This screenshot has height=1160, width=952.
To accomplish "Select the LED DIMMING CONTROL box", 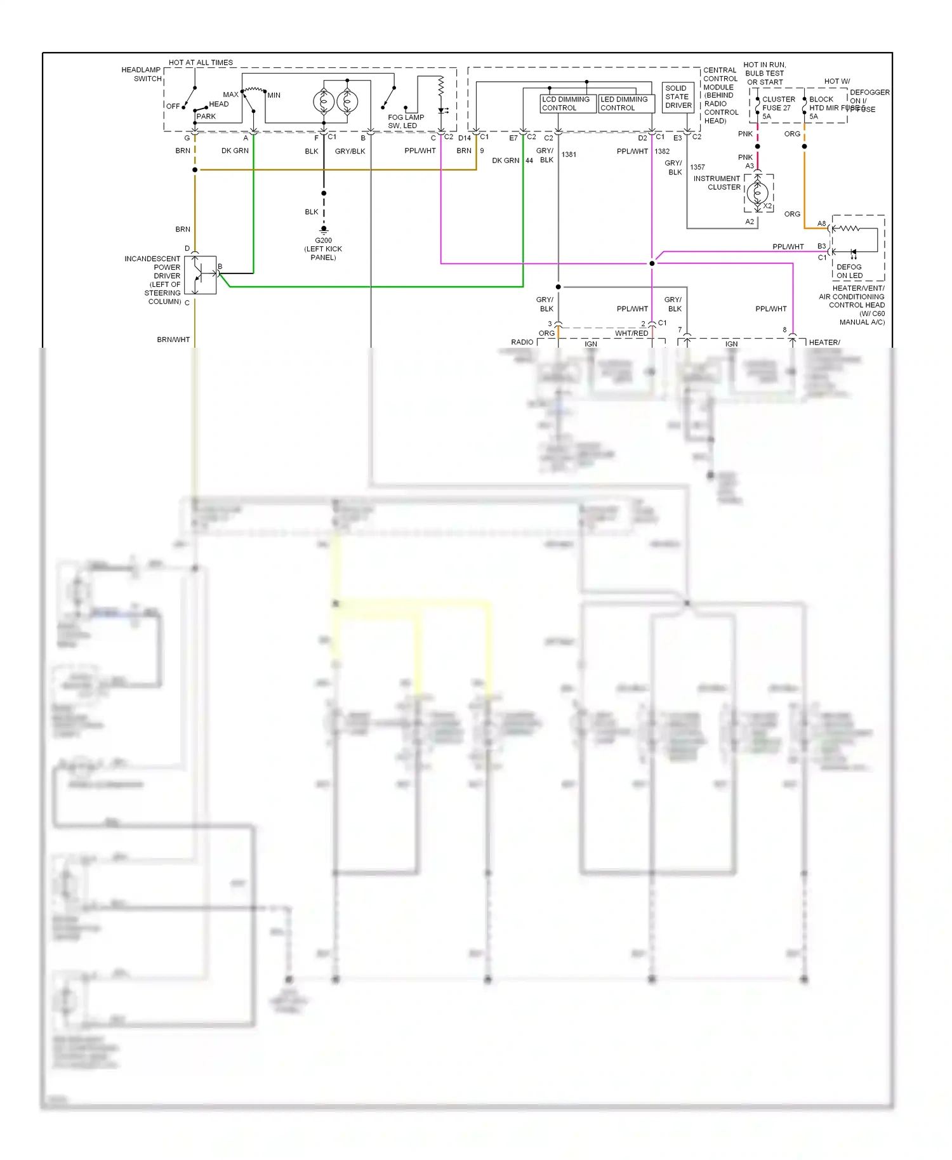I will (x=626, y=103).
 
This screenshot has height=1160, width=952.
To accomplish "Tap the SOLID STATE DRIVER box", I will (x=678, y=97).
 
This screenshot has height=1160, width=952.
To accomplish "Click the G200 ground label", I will (x=323, y=241).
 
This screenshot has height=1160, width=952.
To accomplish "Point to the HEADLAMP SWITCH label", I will (x=142, y=74).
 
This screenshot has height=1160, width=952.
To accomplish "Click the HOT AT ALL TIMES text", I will (x=201, y=62).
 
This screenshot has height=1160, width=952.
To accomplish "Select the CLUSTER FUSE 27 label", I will (x=778, y=103).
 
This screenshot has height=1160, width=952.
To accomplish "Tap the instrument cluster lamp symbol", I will (x=757, y=193).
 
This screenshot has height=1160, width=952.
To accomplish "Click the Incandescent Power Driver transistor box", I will (x=201, y=275).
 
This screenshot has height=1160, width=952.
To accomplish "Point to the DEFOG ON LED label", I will (x=849, y=271).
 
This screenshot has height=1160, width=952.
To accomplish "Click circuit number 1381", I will (x=569, y=154).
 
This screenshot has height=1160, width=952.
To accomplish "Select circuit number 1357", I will (x=697, y=167).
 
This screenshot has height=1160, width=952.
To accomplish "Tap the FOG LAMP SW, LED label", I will (x=406, y=121).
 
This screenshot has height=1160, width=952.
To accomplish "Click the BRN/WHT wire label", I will (x=173, y=339).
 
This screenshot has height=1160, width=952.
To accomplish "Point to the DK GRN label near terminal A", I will (x=235, y=150).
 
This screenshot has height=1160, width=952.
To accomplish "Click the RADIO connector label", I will (x=522, y=342).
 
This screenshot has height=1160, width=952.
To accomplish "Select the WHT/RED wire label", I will (x=631, y=333).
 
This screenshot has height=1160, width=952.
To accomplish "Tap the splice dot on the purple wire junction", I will (x=652, y=263).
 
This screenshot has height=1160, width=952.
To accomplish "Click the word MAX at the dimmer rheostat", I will (x=230, y=95).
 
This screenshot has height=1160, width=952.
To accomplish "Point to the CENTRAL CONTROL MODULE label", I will (x=720, y=95).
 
